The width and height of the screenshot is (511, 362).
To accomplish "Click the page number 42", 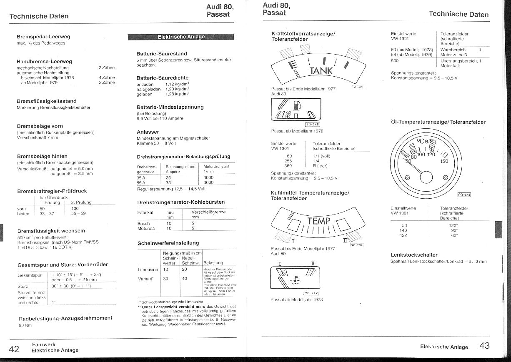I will coord(14,349).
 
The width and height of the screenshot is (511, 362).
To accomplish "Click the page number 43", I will coord(484,345).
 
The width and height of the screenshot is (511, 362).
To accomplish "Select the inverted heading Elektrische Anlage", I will coord(181,37).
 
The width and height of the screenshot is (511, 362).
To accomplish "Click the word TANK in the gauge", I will coord(321,71).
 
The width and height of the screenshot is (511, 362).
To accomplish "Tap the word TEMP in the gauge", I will coord(318,221).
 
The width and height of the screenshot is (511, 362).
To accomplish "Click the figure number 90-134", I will coord(463,195).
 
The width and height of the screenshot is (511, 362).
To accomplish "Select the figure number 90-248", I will coord(312,124).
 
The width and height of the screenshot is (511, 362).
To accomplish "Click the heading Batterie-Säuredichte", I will coord(162,78).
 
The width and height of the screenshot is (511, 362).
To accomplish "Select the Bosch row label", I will coord(143,223).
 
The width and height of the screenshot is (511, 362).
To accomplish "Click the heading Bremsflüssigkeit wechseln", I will coord(51,231).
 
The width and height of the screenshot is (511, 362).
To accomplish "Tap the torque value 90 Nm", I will coord(25,325).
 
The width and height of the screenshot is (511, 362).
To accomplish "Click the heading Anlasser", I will coord(148,132).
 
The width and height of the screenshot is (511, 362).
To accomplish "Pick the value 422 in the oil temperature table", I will coord(403,235).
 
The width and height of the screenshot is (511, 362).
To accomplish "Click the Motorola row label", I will coord(146,228).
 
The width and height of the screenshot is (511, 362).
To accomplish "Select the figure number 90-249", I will coord(311,293).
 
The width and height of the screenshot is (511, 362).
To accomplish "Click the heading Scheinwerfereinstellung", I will coord(168,243).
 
